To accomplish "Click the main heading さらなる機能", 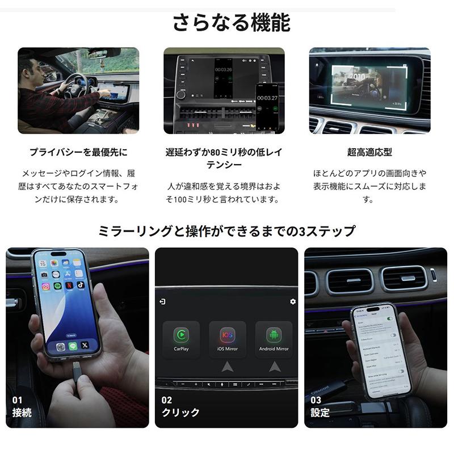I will [x=231, y=23].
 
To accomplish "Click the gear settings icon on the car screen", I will [x=293, y=301].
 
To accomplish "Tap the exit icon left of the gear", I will [x=163, y=301].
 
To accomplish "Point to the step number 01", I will [x=18, y=400].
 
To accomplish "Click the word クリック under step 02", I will [x=180, y=413].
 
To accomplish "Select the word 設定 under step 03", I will [x=320, y=413].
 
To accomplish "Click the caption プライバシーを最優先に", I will [x=78, y=152].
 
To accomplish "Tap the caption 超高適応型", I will [x=369, y=152].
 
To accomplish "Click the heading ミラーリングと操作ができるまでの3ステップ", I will [x=227, y=231].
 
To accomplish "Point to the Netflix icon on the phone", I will [x=69, y=285].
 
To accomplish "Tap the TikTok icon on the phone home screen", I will [x=81, y=284].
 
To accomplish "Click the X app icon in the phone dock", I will [x=85, y=345].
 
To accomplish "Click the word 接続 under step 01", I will [x=22, y=413].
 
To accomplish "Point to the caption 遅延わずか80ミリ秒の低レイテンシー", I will [x=223, y=158].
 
